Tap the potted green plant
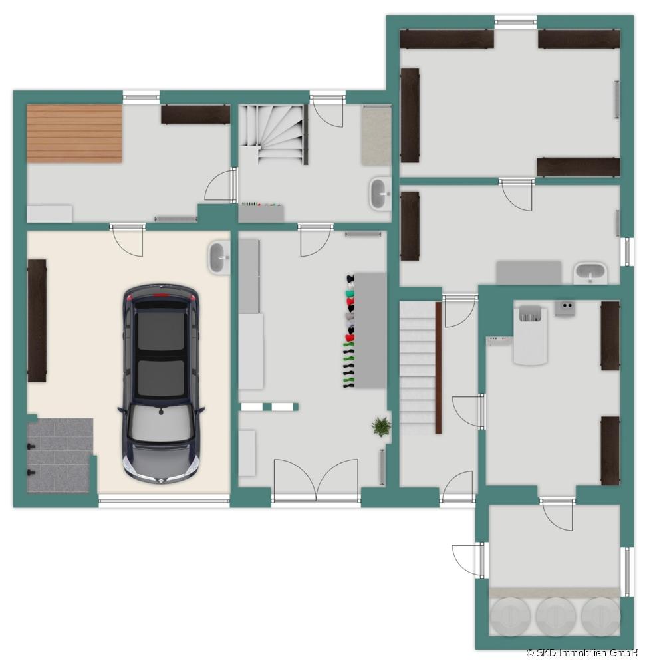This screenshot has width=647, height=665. [381, 426]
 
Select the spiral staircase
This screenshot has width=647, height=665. [273, 133]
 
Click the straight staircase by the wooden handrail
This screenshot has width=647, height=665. [417, 368]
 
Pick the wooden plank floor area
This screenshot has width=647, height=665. [74, 134]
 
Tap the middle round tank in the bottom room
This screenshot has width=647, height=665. [555, 616]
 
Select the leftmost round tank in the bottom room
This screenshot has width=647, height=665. [510, 616]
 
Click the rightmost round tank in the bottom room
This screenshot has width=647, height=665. [600, 616]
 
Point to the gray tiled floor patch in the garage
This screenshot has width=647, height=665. [59, 455]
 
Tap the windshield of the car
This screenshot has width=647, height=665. [161, 424]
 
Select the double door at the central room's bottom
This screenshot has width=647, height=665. [316, 481]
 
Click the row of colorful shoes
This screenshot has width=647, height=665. [348, 331]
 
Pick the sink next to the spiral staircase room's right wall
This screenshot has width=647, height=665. [380, 194]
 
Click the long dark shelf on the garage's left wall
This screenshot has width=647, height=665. [37, 321]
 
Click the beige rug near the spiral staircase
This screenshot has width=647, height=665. [376, 135]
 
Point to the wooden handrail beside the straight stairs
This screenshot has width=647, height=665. [438, 367]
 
